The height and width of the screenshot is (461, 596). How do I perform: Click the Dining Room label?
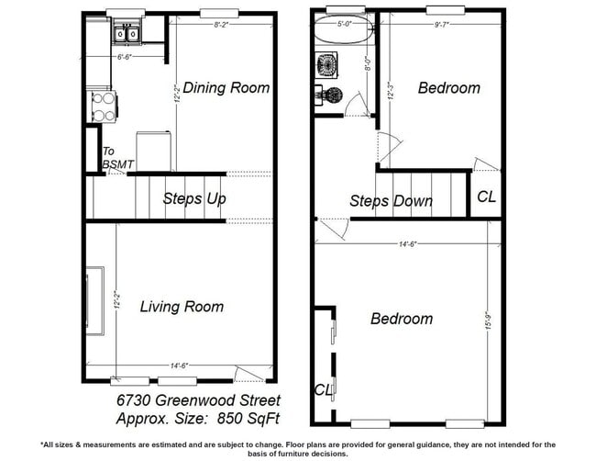tap(226, 87)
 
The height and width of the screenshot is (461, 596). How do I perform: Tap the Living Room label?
tap(182, 307)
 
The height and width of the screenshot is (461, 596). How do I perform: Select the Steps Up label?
tap(194, 198)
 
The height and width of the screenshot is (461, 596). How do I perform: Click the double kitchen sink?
tap(125, 35)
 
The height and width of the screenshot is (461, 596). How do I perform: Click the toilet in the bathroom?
tap(327, 96)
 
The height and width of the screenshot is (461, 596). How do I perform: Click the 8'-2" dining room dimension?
tap(221, 24)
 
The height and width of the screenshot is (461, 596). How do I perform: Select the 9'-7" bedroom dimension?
tap(445, 25)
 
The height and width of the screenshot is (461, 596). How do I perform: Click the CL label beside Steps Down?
tap(486, 197)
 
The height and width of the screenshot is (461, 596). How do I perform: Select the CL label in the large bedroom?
tap(324, 389)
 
